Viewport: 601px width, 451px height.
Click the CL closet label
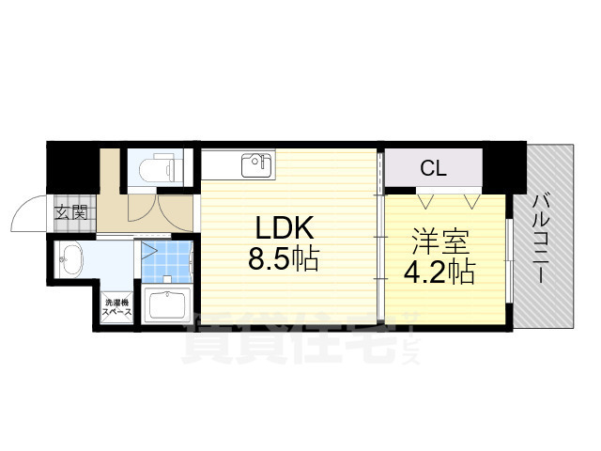click(x=433, y=169)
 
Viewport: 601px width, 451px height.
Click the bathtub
click(x=165, y=305)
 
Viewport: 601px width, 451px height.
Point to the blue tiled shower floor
click(x=166, y=263)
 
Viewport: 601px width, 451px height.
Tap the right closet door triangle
click(x=470, y=200)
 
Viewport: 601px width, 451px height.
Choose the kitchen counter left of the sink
click(x=221, y=164)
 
